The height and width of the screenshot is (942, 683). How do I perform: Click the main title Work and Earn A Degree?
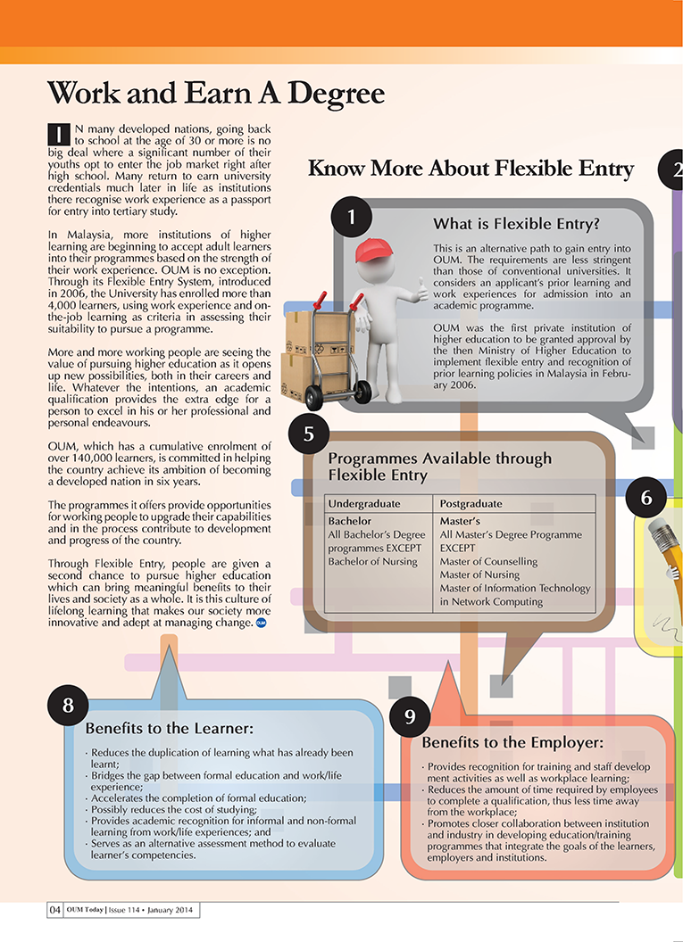coord(215,93)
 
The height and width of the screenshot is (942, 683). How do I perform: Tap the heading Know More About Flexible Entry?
coord(471,169)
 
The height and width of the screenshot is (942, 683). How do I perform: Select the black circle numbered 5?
coord(308,434)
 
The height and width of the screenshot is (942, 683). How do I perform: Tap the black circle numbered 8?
coord(68,705)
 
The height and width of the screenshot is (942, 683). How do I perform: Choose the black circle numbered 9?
coord(410,715)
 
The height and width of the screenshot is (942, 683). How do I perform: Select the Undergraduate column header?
coord(363,503)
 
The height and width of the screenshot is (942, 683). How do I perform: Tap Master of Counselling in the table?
coord(488,561)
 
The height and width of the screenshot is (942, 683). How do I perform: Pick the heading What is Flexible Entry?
coord(515,223)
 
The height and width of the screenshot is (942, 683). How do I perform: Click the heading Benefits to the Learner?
coord(170,729)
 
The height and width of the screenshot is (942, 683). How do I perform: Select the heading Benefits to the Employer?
coord(512,742)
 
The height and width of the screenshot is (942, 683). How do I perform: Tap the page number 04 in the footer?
coord(55,910)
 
